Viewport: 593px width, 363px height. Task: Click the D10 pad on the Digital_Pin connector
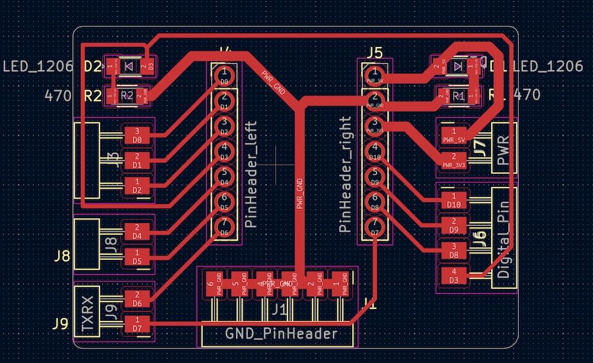click(x=454, y=200)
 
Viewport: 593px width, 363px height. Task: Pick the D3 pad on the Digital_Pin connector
click(x=454, y=275)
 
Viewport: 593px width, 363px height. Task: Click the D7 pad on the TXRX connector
click(x=137, y=324)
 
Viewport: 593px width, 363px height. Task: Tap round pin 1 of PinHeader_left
click(x=224, y=75)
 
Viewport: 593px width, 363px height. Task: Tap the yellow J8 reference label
click(x=62, y=257)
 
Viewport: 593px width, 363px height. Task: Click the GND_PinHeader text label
click(x=281, y=334)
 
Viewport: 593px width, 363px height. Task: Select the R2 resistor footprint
click(x=127, y=94)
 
